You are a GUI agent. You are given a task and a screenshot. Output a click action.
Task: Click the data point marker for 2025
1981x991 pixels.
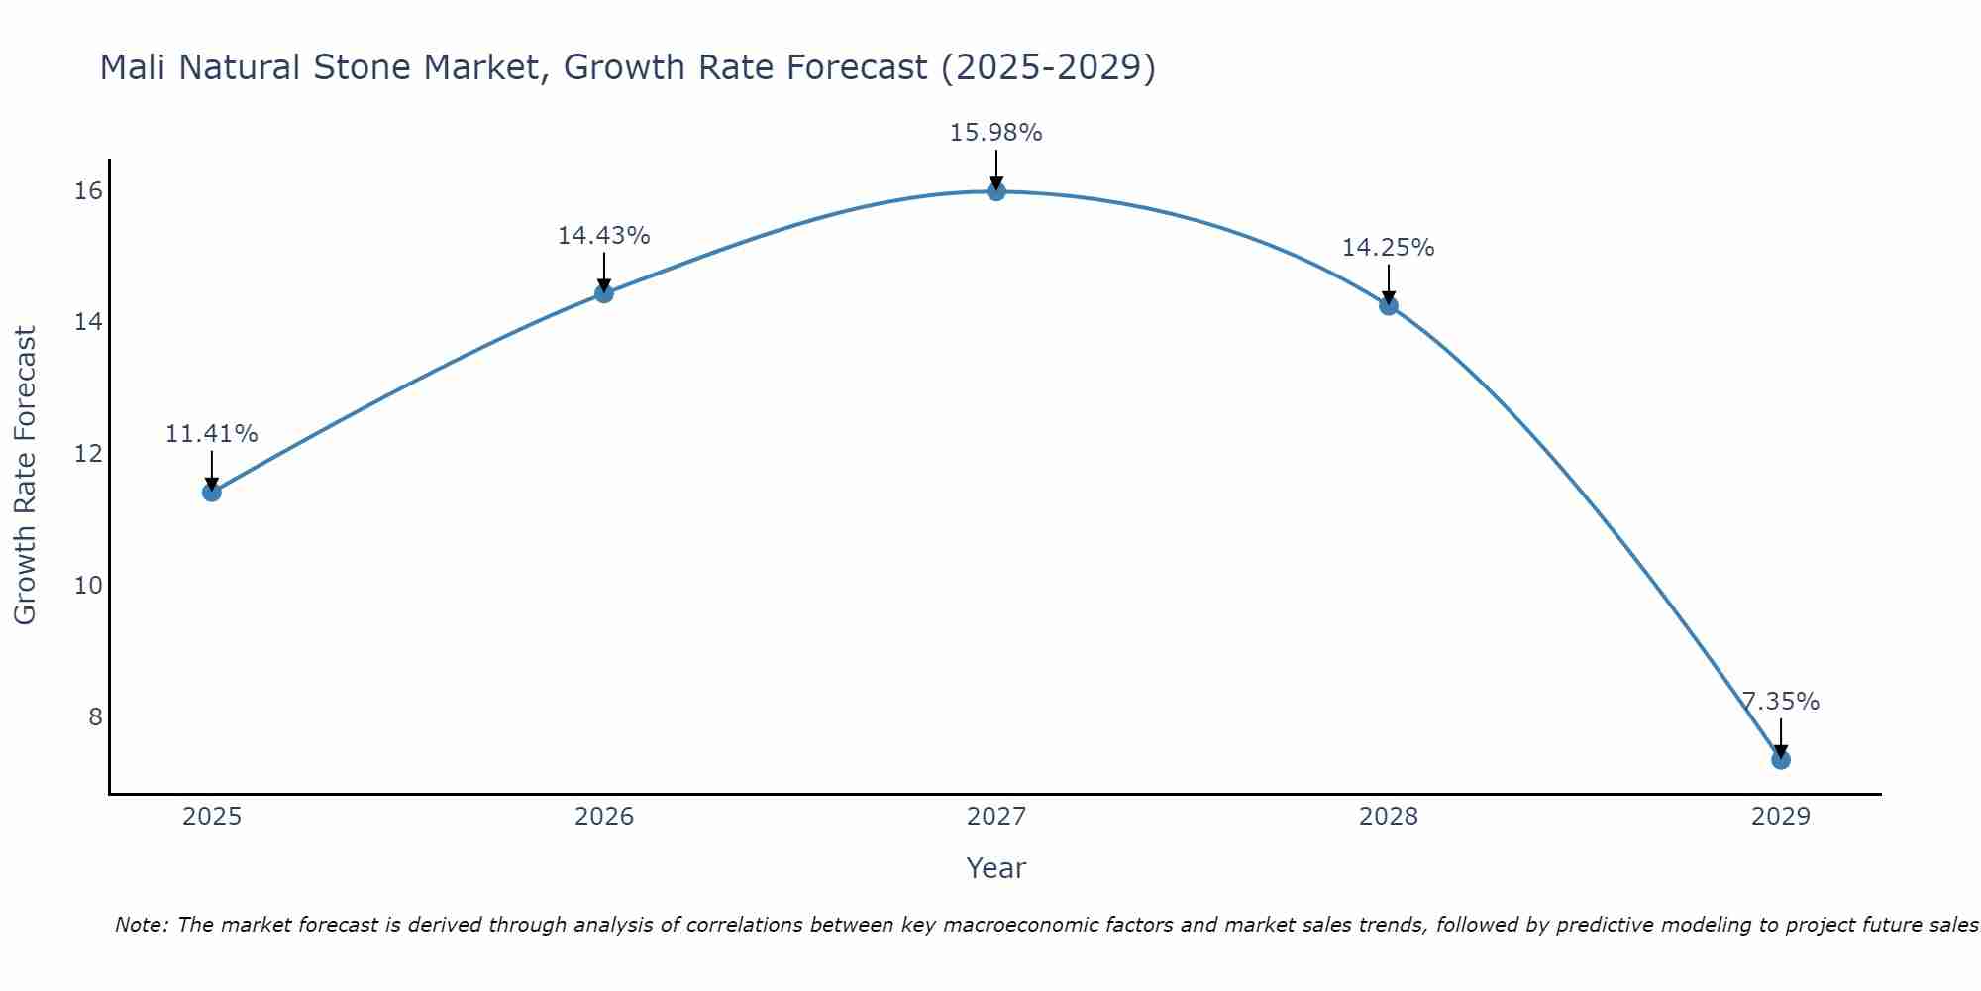(x=211, y=492)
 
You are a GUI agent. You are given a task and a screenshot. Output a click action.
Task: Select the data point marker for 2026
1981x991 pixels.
(x=604, y=293)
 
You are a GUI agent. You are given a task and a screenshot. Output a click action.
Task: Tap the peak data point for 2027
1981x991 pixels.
(x=996, y=191)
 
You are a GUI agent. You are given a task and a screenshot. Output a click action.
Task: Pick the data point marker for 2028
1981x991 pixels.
(x=1389, y=305)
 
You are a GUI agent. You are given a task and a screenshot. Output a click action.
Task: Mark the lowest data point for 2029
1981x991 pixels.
(x=1780, y=760)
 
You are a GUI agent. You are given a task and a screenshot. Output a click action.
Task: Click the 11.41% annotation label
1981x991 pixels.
(x=211, y=434)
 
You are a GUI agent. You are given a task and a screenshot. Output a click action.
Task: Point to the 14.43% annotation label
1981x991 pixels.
(x=604, y=236)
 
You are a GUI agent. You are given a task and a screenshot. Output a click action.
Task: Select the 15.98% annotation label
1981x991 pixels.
(x=996, y=133)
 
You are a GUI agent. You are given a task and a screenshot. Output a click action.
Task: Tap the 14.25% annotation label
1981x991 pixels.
(x=1389, y=248)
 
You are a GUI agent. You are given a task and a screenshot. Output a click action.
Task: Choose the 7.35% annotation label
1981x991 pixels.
(x=1781, y=702)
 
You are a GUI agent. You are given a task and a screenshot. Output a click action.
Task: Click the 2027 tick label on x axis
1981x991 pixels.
(x=996, y=817)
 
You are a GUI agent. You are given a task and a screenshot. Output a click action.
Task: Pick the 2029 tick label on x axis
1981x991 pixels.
(x=1780, y=817)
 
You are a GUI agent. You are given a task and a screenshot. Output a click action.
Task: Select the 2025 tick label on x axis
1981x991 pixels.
(x=212, y=817)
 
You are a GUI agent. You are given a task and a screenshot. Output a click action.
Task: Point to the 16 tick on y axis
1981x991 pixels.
(x=88, y=190)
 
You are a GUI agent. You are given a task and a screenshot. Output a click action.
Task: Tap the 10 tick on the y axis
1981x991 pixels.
(x=88, y=585)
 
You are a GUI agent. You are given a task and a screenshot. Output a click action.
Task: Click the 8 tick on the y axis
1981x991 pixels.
(x=95, y=716)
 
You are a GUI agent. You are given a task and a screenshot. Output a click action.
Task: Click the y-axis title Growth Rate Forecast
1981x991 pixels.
(x=25, y=476)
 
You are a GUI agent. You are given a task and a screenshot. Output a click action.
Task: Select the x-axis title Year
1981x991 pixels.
(x=996, y=868)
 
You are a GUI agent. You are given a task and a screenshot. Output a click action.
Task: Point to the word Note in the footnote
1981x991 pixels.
(x=141, y=925)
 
